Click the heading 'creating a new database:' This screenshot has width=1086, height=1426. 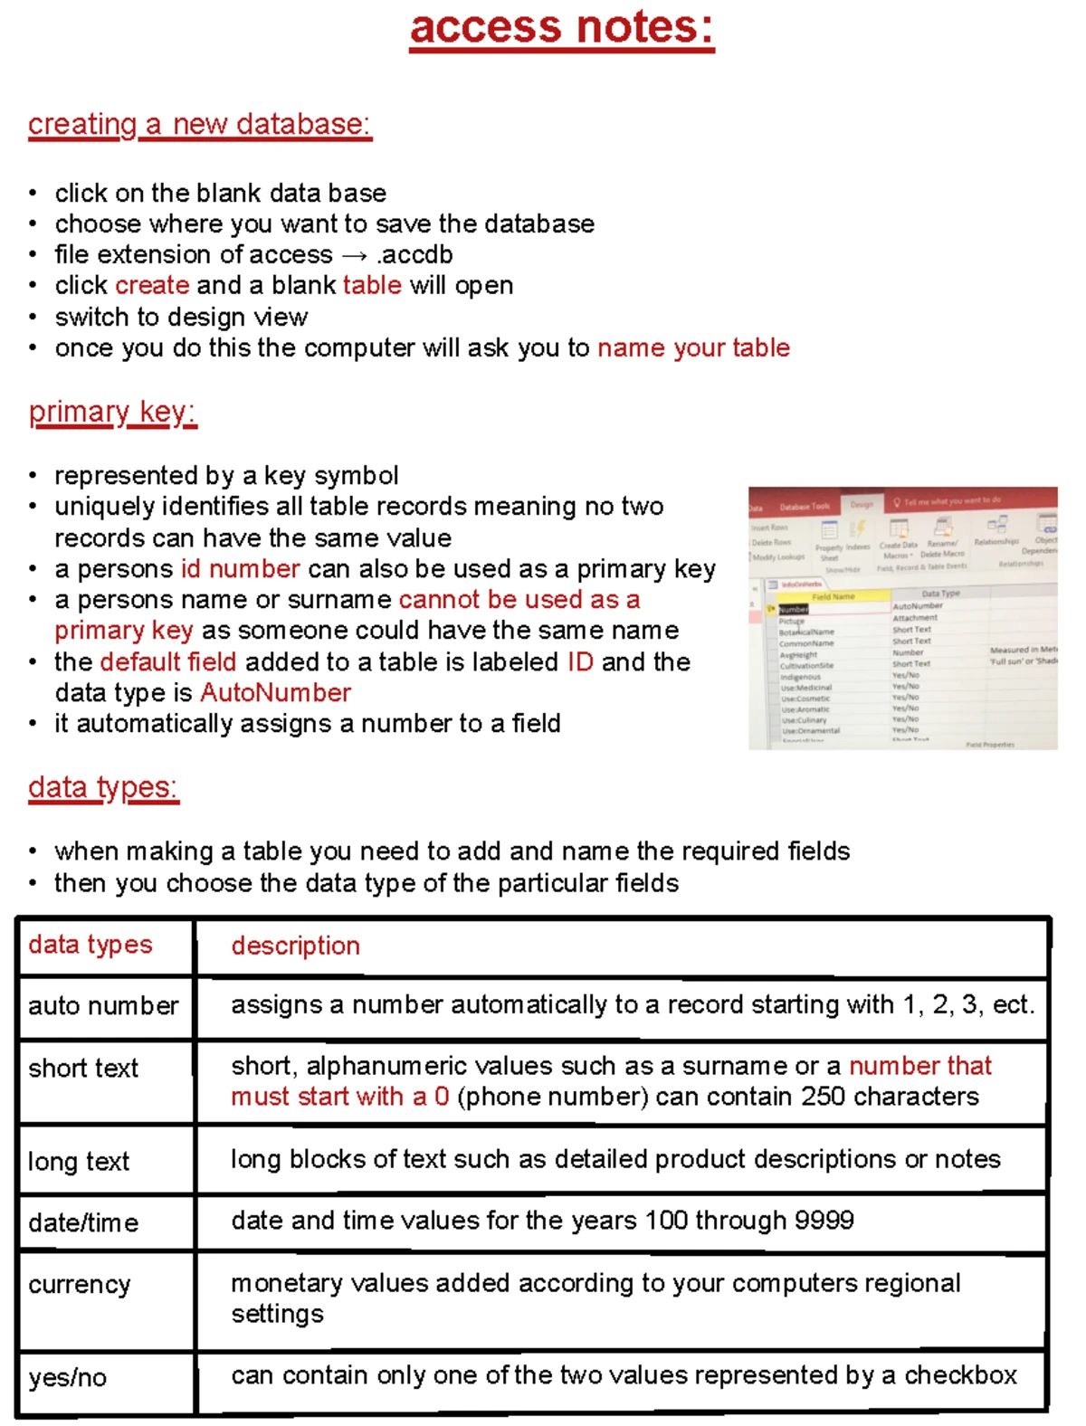[200, 124]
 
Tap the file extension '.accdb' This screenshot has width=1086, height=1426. [414, 255]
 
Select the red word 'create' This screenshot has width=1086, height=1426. [153, 286]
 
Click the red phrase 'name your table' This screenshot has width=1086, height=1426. [693, 348]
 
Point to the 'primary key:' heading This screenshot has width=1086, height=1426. [112, 413]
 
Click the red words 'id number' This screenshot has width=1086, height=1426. [240, 569]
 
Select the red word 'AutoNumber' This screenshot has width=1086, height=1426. [275, 693]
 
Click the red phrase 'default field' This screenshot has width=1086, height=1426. [168, 662]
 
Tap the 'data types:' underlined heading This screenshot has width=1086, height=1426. [103, 788]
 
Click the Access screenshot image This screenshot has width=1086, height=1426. [902, 619]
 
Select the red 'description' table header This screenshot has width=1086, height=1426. [296, 946]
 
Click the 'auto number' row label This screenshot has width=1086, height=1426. [103, 1006]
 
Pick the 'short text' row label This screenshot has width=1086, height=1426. [83, 1069]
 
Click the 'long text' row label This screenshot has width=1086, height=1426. [79, 1162]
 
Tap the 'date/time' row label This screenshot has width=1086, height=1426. [83, 1223]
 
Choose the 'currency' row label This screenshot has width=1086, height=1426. [80, 1285]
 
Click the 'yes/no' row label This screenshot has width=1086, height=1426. [68, 1378]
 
